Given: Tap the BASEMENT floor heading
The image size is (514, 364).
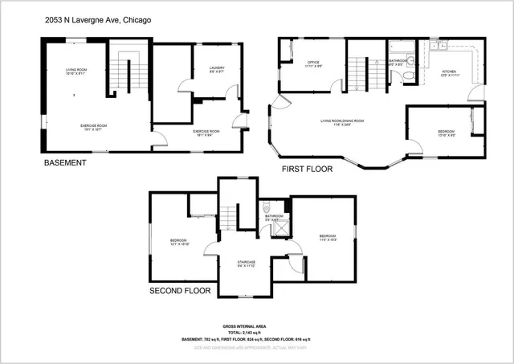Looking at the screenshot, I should tap(64, 162).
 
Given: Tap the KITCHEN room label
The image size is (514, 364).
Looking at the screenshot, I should tap(449, 72).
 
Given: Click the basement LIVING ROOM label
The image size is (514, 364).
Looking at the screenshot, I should tap(76, 71).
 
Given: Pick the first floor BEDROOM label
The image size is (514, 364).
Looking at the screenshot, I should tap(446, 131).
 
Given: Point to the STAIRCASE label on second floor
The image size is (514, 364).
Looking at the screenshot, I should tap(246, 260).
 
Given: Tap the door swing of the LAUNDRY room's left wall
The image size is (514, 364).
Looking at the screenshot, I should tap(182, 87).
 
